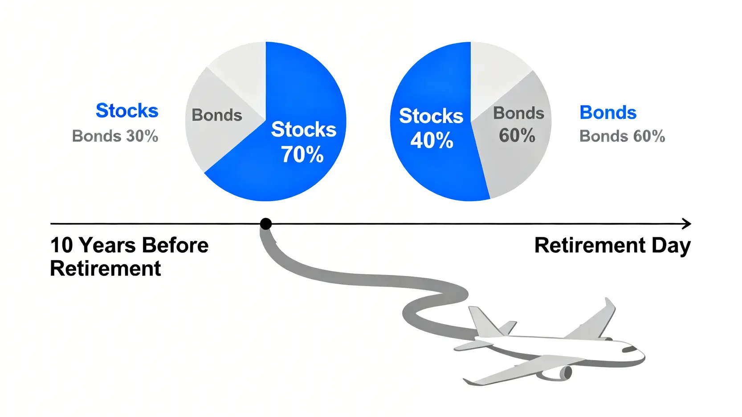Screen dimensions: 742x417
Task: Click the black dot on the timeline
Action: (265, 224)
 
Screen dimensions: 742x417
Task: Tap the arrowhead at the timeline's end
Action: (687, 224)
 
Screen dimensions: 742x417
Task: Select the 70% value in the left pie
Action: (302, 154)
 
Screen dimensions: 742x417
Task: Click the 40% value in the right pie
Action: (432, 140)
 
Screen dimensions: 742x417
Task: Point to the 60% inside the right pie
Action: (517, 135)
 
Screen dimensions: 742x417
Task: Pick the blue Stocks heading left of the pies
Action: (127, 110)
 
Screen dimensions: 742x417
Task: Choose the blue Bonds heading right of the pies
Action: (608, 113)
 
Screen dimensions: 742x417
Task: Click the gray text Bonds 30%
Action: (115, 136)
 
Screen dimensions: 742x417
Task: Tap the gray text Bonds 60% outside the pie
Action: (622, 136)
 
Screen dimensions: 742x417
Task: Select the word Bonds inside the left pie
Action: (217, 115)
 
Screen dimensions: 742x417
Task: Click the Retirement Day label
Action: (612, 246)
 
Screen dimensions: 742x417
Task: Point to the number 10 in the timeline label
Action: (61, 245)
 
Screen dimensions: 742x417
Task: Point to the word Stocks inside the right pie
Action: (431, 116)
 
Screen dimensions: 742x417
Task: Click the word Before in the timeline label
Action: (175, 245)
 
